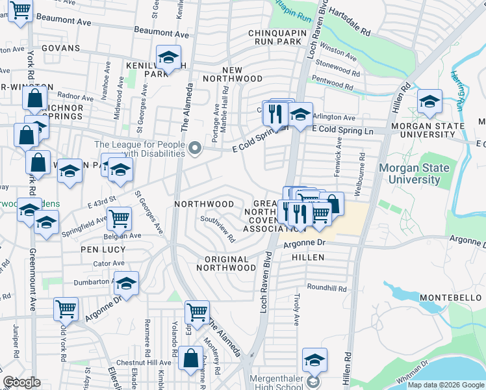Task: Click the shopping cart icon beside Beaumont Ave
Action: [21, 11]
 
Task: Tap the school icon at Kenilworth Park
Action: [168, 58]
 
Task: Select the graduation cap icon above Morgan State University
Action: [429, 101]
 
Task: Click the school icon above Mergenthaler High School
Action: [314, 360]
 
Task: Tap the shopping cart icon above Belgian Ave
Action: [119, 220]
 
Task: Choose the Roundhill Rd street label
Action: [327, 287]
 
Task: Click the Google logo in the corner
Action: [22, 382]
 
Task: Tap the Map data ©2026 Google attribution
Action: [445, 385]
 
